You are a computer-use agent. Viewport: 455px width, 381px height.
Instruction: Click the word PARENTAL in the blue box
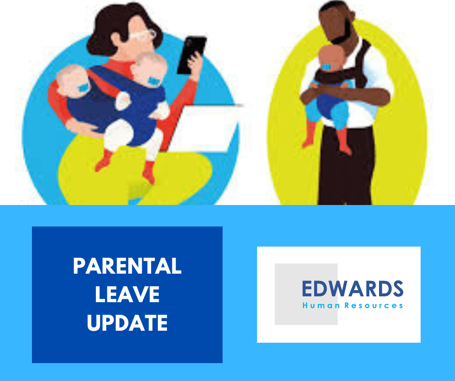tap(127, 266)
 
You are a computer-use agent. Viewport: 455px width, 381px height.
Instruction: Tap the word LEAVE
tap(127, 294)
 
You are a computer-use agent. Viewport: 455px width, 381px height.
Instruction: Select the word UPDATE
tap(127, 322)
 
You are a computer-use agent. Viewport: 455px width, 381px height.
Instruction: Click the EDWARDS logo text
tap(352, 289)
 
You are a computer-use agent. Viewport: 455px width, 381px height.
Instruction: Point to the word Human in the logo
tap(316, 306)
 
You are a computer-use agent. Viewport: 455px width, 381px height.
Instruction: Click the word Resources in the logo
tap(375, 306)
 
